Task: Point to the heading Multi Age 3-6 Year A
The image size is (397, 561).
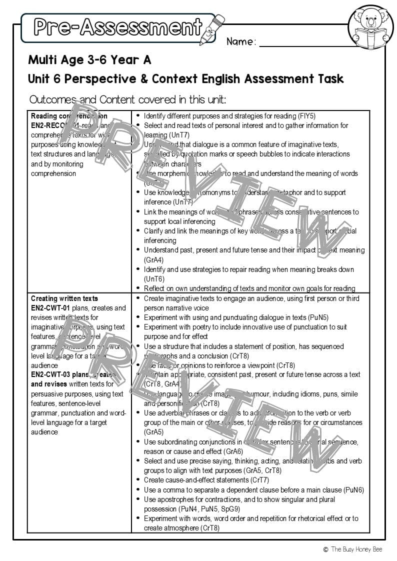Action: coord(89,60)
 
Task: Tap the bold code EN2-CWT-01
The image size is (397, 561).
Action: coord(50,308)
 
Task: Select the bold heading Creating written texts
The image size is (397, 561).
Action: coord(64,298)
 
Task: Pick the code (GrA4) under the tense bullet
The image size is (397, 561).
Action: coord(153,260)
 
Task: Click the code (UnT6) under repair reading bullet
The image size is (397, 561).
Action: coord(153,279)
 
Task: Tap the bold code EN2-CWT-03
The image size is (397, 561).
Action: coord(50,375)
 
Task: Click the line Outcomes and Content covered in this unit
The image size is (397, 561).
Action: coord(127,99)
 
